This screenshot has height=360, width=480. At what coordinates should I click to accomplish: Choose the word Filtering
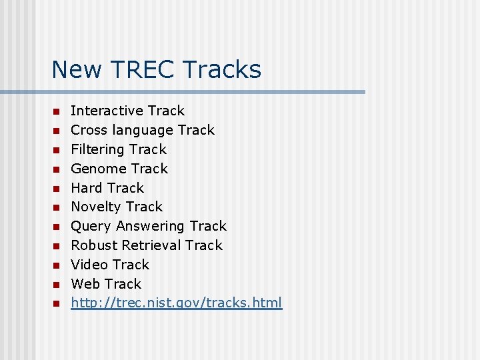tap(97, 149)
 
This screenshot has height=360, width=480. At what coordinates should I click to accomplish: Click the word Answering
tap(152, 226)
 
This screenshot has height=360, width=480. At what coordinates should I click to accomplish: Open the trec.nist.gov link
tap(176, 303)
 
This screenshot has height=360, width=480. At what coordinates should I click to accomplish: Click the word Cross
tap(89, 130)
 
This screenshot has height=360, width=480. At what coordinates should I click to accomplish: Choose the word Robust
tap(92, 245)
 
